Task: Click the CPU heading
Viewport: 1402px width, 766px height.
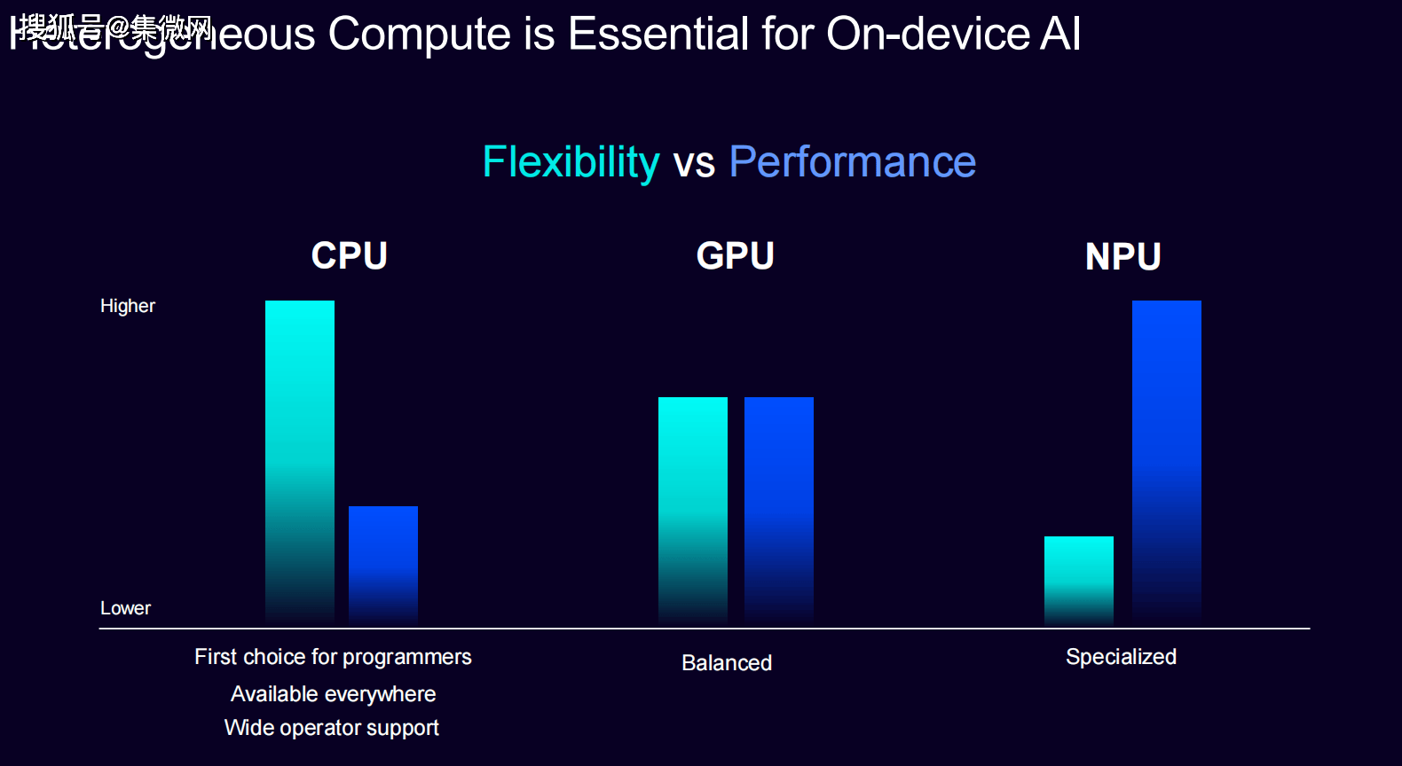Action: pos(350,256)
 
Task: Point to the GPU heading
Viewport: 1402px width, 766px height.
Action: pos(736,256)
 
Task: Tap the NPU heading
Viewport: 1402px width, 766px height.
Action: pos(1123,257)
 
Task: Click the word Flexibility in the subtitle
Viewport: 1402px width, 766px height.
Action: pos(571,162)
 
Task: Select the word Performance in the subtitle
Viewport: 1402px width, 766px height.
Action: pos(853,162)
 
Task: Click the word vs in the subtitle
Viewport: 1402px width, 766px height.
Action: pos(694,164)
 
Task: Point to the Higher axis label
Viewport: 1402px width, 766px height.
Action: pos(128,306)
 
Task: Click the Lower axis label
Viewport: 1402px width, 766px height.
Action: pos(126,608)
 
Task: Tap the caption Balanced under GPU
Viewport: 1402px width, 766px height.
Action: pos(727,663)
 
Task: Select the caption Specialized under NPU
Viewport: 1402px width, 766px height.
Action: pos(1122,657)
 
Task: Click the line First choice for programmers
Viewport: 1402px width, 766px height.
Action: pos(333,657)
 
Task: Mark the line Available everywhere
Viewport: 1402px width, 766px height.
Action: pos(333,694)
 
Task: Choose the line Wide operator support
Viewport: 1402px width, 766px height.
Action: pos(332,728)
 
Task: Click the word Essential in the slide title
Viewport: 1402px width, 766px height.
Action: pos(658,35)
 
